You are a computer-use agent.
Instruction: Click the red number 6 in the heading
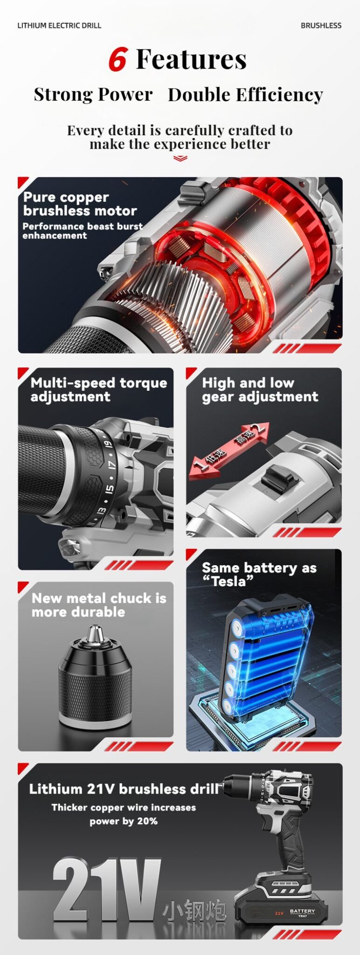118,59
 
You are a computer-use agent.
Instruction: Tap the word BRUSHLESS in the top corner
321,26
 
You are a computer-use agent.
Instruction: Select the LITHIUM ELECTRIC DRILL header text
59,26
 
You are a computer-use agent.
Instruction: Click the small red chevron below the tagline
180,159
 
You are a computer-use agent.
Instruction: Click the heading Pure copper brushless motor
80,204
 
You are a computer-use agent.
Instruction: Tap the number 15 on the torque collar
109,489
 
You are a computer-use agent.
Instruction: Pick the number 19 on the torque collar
108,444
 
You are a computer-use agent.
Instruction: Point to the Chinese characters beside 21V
194,912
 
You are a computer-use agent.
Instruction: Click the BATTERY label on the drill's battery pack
302,911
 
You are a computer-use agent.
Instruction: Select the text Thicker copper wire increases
124,807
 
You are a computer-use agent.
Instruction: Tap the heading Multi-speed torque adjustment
98,389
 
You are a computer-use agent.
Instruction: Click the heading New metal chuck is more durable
98,605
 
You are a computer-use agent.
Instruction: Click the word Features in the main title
191,59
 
